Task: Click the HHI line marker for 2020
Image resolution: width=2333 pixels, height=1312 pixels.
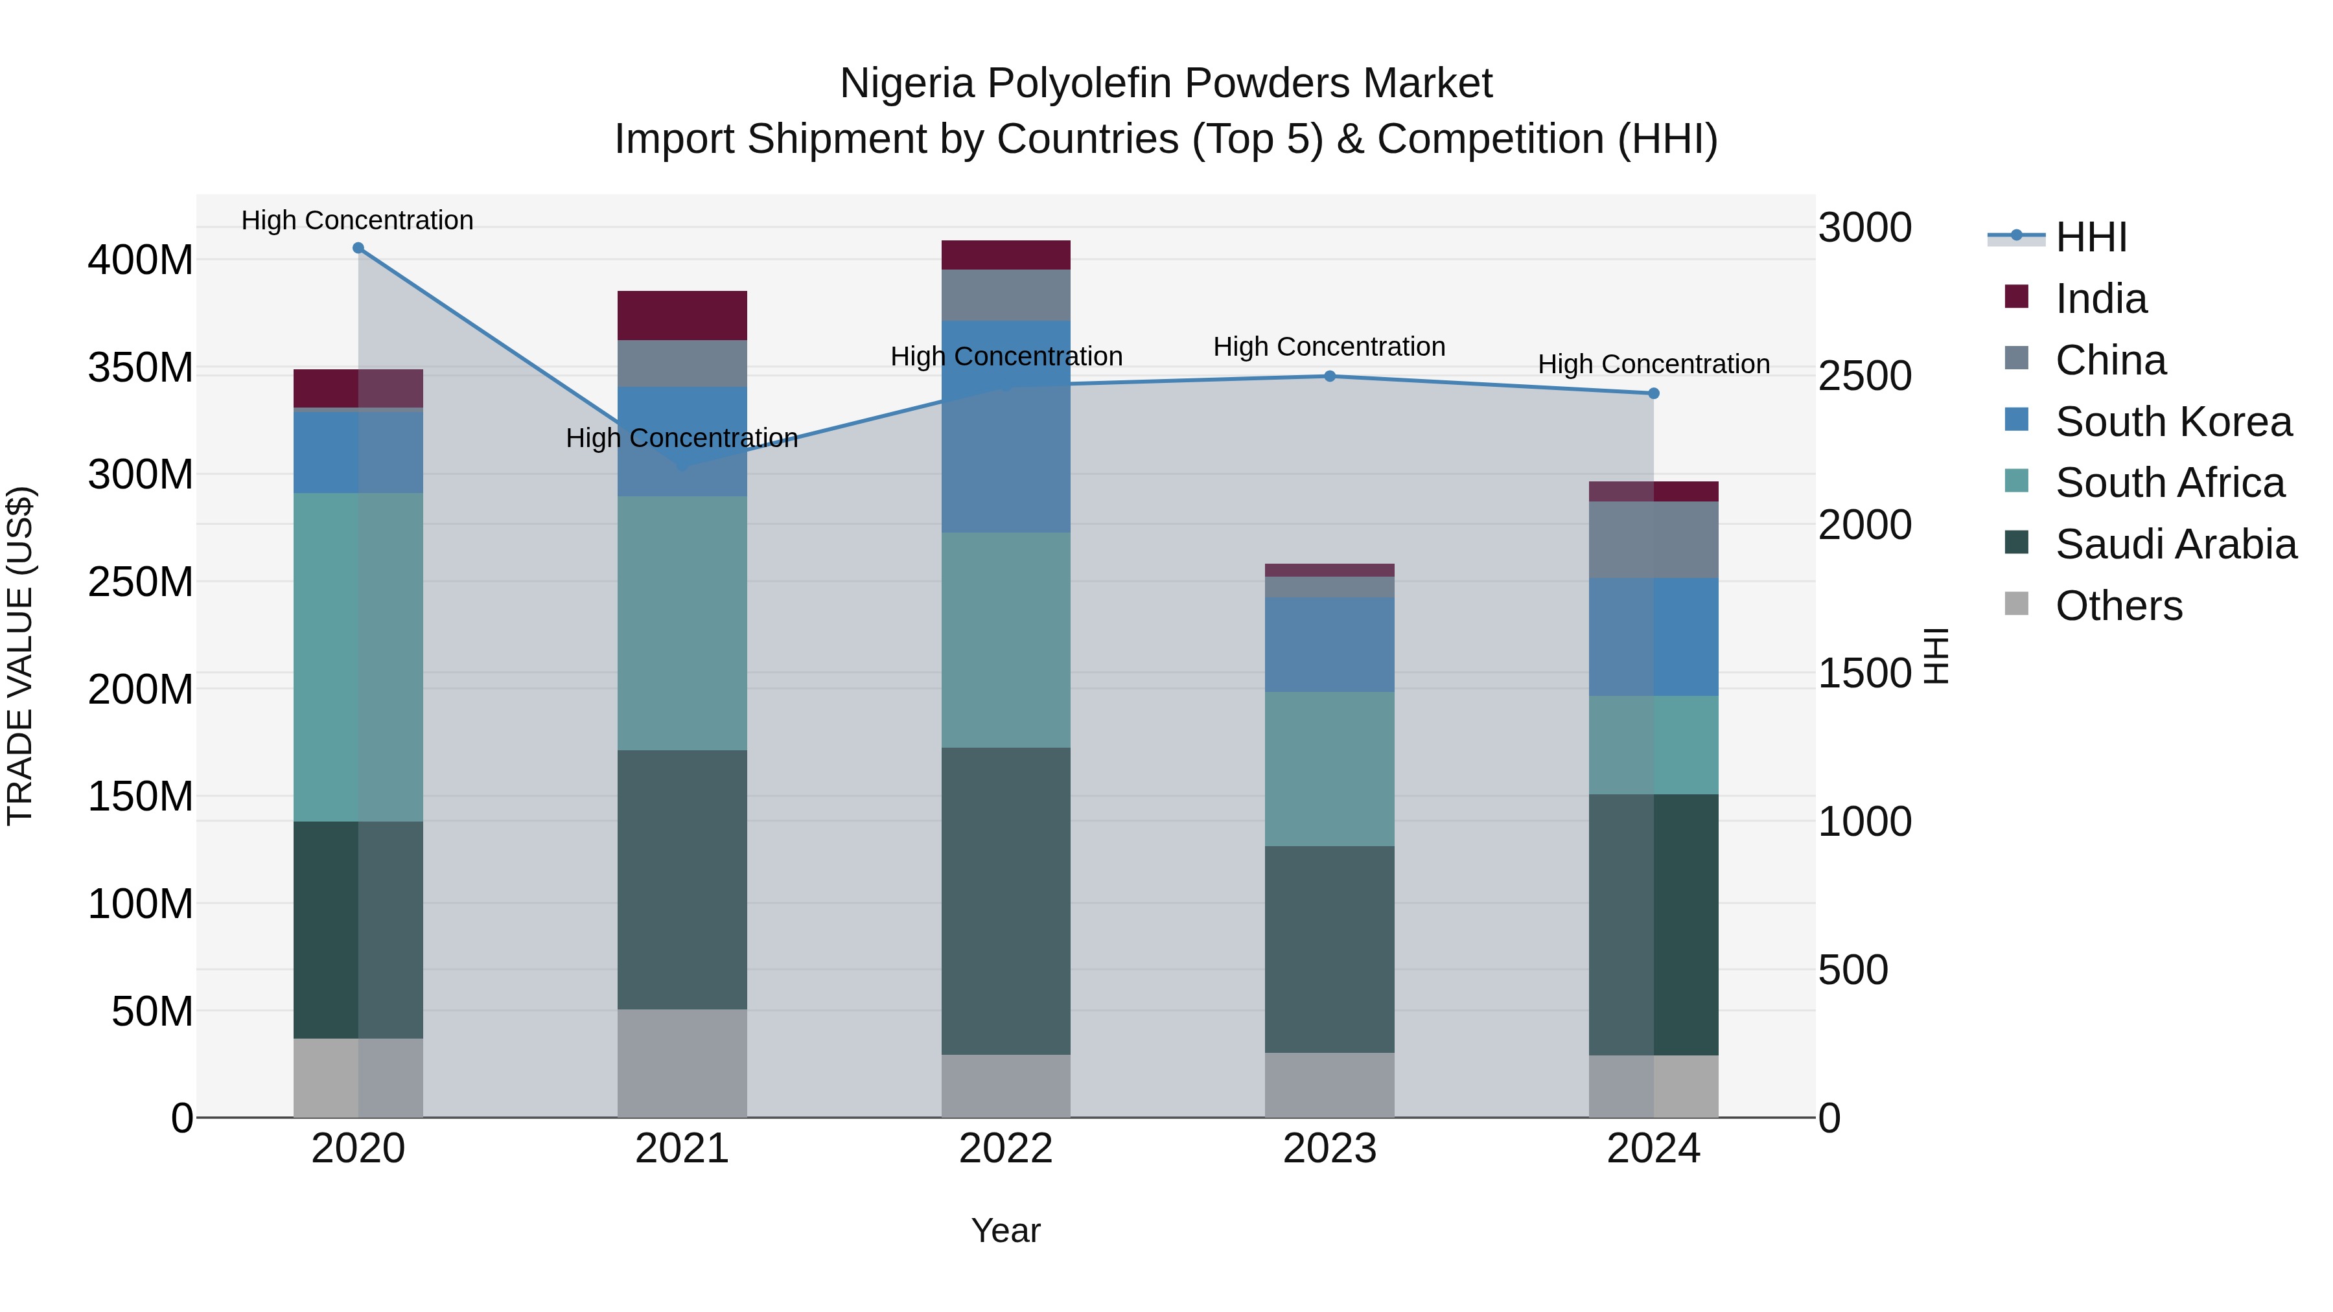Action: [358, 248]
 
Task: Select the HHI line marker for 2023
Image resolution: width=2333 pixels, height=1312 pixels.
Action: [1330, 376]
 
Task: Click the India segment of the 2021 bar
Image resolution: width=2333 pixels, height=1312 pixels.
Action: [682, 315]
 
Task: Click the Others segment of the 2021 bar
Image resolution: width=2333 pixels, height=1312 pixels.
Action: [682, 1063]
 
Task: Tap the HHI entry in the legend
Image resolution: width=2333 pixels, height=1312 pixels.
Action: [2090, 237]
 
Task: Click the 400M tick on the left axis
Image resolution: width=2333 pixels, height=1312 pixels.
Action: [141, 260]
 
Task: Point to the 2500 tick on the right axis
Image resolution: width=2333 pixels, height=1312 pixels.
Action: [1864, 376]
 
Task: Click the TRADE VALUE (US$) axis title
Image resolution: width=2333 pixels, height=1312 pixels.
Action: [20, 656]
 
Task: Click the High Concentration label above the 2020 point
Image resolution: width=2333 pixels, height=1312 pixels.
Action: [357, 220]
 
